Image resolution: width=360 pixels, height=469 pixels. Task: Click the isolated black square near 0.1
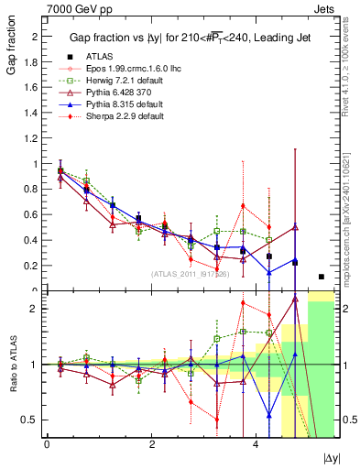[x=321, y=277]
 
